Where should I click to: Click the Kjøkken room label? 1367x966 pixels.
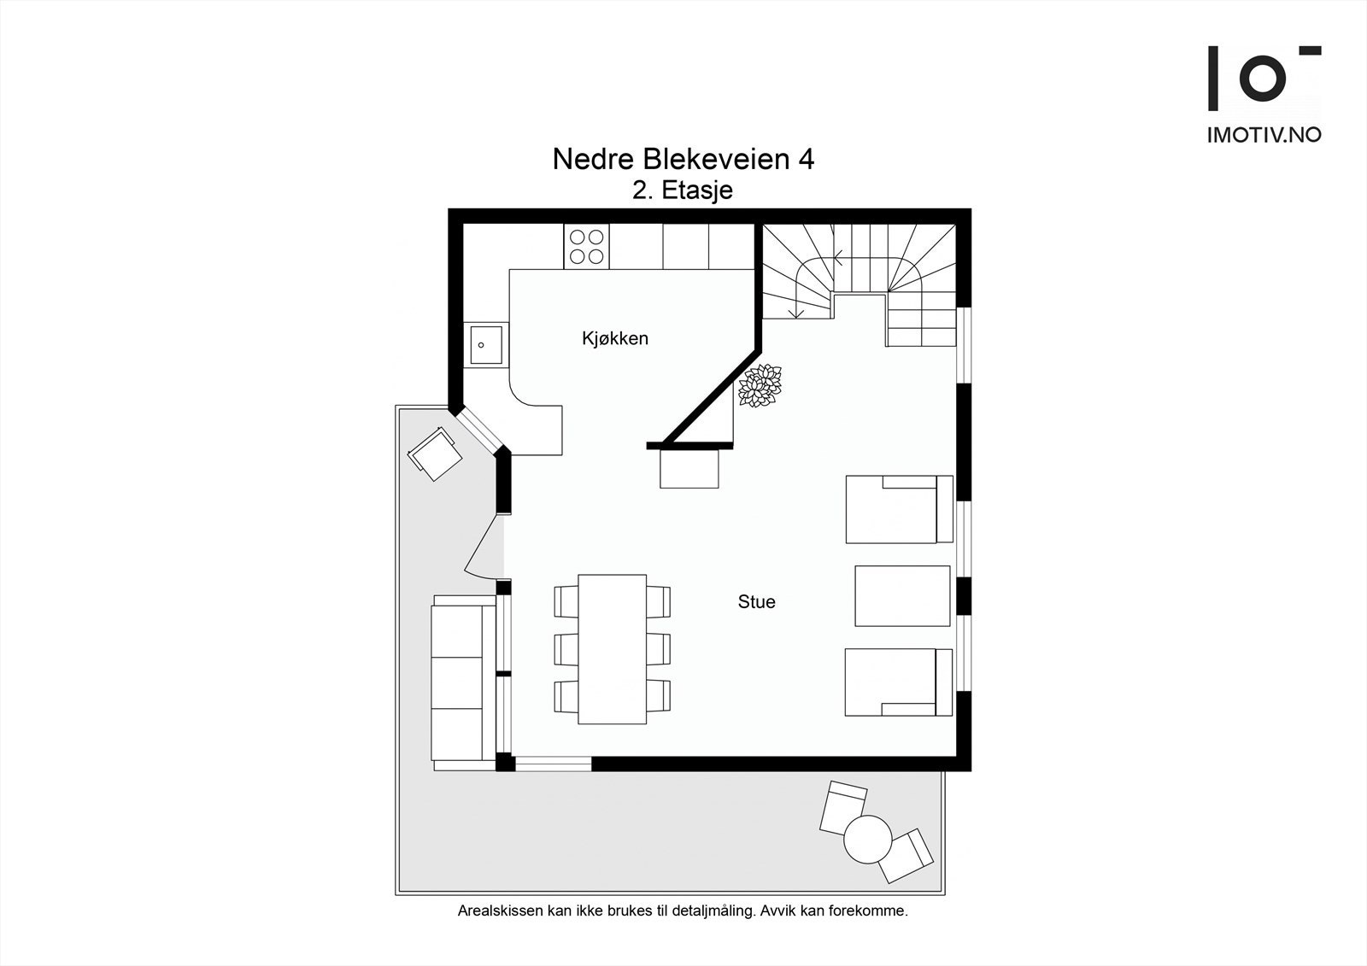(614, 338)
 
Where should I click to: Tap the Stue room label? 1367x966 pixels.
(756, 602)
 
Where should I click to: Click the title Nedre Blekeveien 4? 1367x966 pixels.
(683, 159)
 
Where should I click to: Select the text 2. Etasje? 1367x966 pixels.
(682, 190)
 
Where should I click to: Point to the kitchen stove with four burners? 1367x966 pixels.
(586, 246)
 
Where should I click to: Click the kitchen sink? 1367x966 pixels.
(484, 345)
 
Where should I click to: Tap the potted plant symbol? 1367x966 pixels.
(760, 386)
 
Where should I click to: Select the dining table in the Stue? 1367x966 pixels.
(612, 649)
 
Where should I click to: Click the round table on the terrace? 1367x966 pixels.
(867, 839)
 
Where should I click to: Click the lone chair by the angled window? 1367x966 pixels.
(436, 454)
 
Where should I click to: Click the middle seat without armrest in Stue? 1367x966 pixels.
(902, 595)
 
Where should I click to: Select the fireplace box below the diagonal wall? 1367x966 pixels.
(689, 470)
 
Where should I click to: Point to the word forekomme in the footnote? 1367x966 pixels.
(871, 911)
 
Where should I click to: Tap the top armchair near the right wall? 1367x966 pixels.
(898, 509)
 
